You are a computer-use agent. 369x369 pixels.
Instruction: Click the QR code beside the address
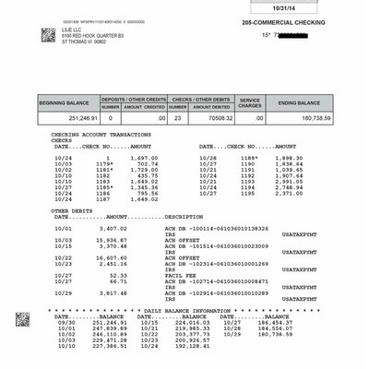click(x=48, y=35)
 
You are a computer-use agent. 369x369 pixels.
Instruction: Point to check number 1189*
click(x=250, y=158)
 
